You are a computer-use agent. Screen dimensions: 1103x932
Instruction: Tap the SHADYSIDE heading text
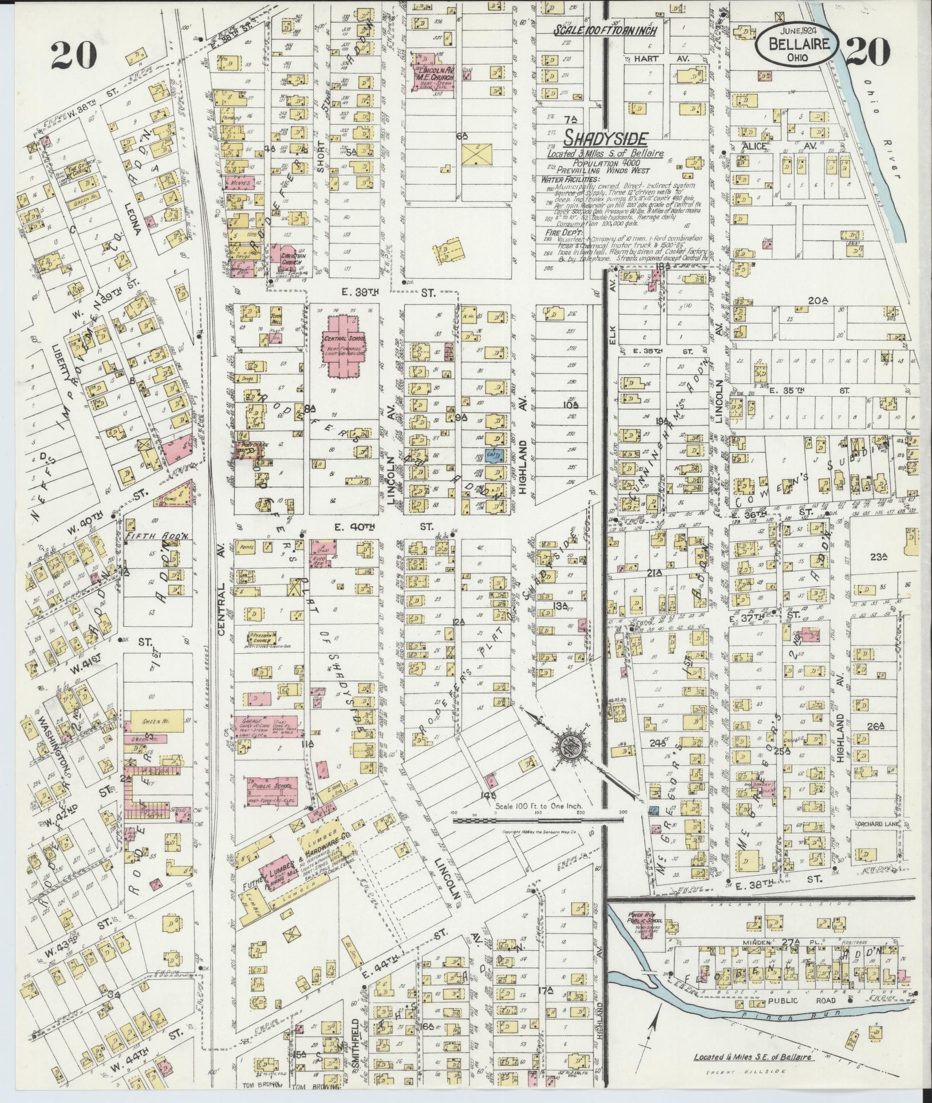(606, 138)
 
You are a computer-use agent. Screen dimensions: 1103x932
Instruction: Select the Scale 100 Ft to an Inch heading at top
(605, 30)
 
